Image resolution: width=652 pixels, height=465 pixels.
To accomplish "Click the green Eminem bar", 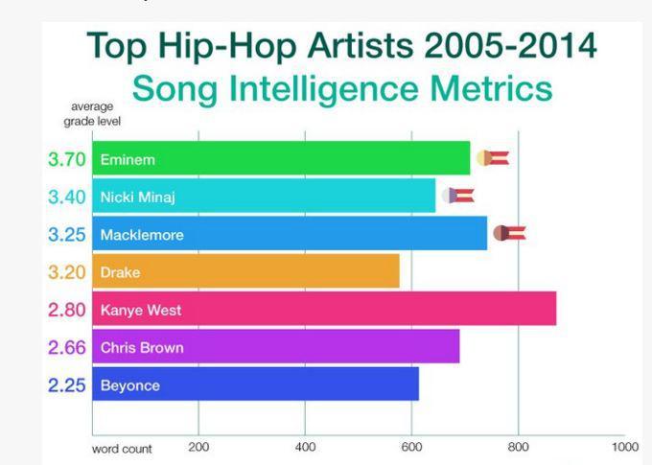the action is pos(281,158).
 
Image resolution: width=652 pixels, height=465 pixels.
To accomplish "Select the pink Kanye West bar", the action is pos(324,309).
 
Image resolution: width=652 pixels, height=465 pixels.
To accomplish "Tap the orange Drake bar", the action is pos(245,271).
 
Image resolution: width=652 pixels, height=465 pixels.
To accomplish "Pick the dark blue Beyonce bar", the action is pos(256,384).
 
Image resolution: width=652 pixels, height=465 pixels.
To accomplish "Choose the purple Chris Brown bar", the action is pos(276,346).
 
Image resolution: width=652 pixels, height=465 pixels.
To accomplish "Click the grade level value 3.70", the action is pos(66,159).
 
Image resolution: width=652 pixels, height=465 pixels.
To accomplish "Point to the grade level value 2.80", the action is pos(66,310).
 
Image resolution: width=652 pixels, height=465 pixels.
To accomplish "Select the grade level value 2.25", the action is pos(66,385).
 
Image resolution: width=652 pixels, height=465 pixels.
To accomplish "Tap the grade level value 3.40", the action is pos(66,197).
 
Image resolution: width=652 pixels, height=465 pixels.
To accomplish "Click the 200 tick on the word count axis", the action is pos(198,447).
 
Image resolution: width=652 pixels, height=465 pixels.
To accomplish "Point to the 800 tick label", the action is pos(518,447).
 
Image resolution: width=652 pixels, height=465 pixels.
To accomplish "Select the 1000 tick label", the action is pos(625,447).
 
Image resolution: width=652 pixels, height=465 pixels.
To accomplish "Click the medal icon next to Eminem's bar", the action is pos(493,158).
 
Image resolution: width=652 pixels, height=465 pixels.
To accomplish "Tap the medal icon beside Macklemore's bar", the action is pos(510,233).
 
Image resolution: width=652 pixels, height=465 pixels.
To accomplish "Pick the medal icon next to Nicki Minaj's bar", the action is pos(458,195).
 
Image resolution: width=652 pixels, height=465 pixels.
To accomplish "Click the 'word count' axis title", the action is pos(122,450).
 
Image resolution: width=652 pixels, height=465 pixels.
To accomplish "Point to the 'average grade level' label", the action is pos(92,114).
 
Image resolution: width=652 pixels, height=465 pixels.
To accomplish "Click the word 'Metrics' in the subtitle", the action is pos(491,88).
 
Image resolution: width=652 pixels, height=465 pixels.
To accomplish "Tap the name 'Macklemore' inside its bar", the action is pos(142,235).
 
